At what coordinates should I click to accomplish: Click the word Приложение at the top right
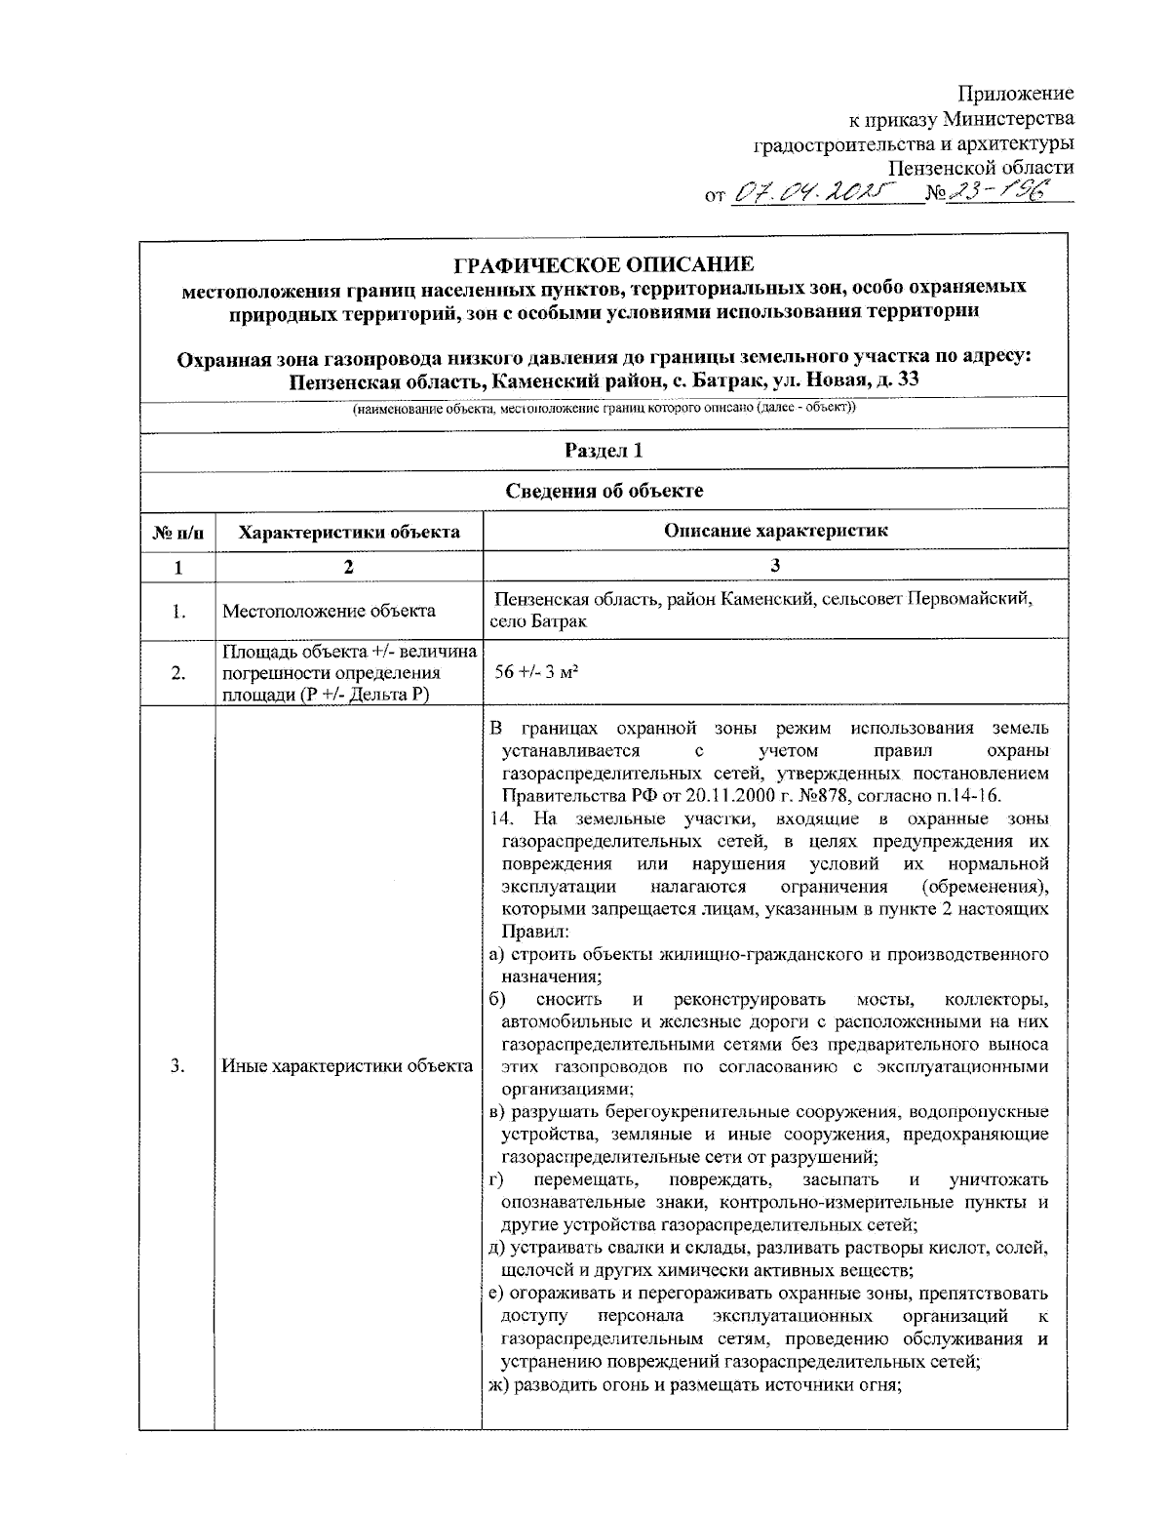pyautogui.click(x=1015, y=94)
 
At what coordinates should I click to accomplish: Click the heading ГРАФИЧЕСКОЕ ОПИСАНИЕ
pyautogui.click(x=604, y=264)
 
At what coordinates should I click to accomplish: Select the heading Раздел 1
pyautogui.click(x=604, y=450)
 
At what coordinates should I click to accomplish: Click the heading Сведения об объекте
pyautogui.click(x=604, y=491)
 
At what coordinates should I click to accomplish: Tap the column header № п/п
pyautogui.click(x=177, y=533)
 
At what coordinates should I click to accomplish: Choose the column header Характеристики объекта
pyautogui.click(x=349, y=532)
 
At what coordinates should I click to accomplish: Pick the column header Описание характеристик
pyautogui.click(x=775, y=531)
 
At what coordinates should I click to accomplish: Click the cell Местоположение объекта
pyautogui.click(x=329, y=612)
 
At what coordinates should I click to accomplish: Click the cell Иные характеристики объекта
pyautogui.click(x=347, y=1066)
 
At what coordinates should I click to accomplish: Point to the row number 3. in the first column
pyautogui.click(x=177, y=1066)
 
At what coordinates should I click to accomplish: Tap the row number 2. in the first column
pyautogui.click(x=177, y=673)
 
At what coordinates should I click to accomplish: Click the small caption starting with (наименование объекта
pyautogui.click(x=604, y=409)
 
